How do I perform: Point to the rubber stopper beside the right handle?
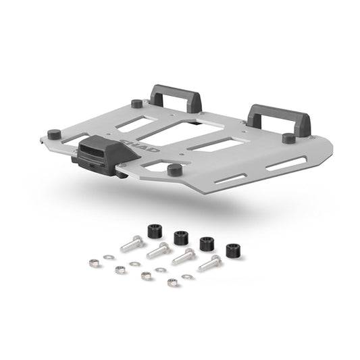point(289,138)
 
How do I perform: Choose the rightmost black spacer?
point(233,250)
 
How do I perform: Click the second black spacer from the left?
point(181,237)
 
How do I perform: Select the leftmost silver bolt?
point(132,243)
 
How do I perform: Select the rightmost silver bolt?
point(209,263)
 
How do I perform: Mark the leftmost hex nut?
point(95,262)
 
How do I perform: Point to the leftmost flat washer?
point(109,257)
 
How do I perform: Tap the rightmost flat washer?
point(187,276)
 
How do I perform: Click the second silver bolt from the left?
point(158,250)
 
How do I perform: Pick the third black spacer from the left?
point(207,243)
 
